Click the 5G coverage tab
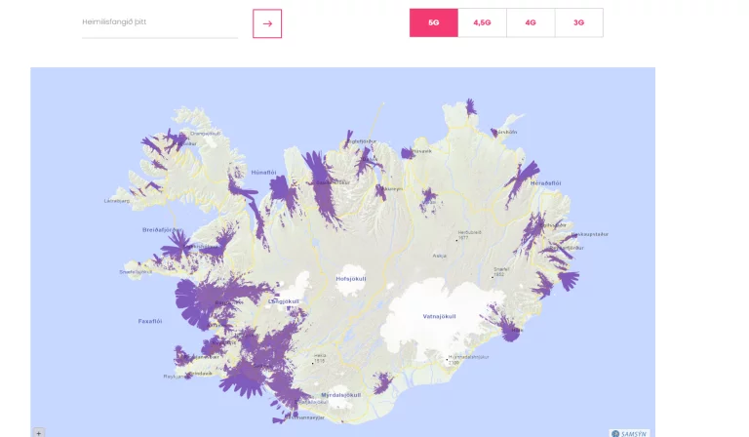click(433, 22)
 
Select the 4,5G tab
click(482, 22)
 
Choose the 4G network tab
click(530, 22)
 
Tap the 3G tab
click(578, 22)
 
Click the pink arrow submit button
click(266, 23)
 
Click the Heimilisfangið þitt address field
click(159, 22)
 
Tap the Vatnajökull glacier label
click(439, 316)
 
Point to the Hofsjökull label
click(350, 278)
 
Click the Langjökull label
click(284, 301)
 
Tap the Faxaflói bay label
click(149, 319)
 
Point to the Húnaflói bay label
click(264, 172)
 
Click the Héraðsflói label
click(546, 182)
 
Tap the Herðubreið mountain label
click(470, 233)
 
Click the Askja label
click(440, 256)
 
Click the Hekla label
click(319, 356)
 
